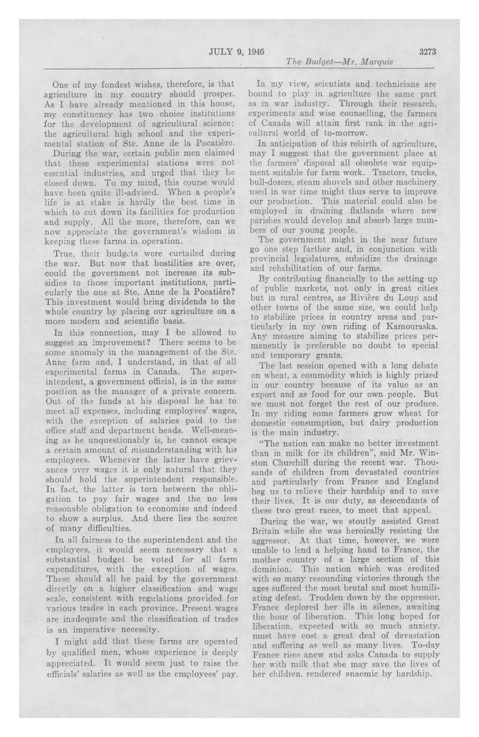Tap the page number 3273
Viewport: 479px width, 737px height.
coord(427,52)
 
